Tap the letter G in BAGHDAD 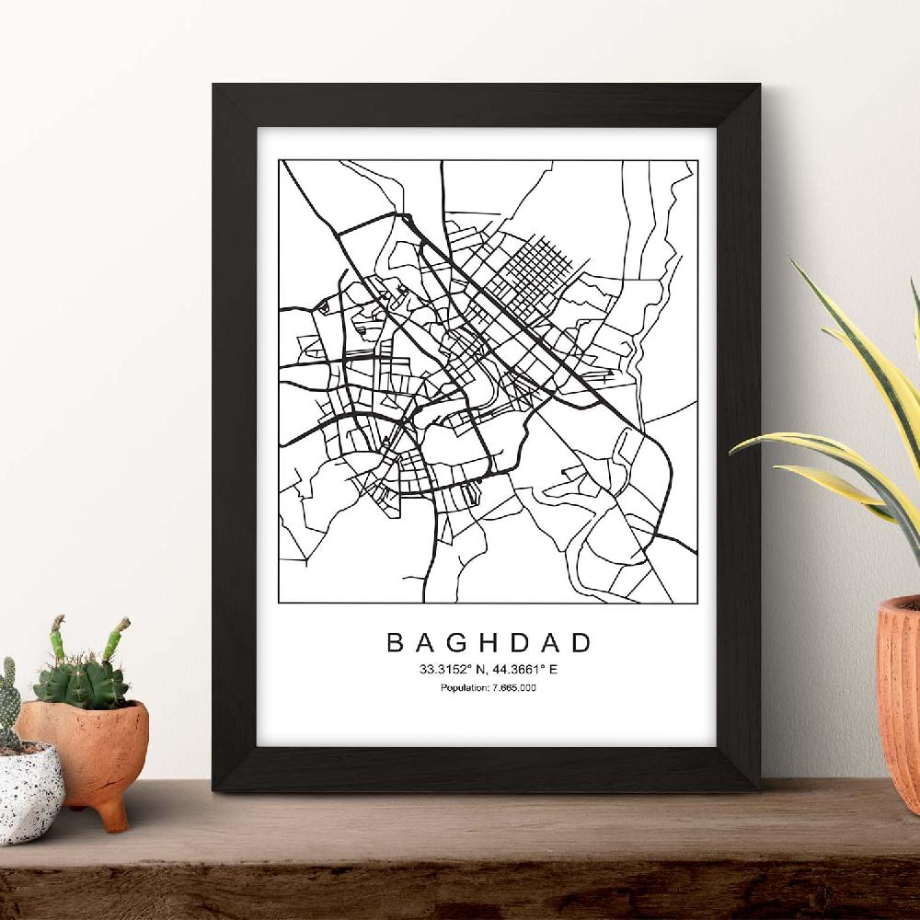[454, 641]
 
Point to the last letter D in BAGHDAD [584, 641]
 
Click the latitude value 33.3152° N [452, 669]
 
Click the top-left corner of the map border [280, 160]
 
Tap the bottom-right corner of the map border [696, 604]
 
